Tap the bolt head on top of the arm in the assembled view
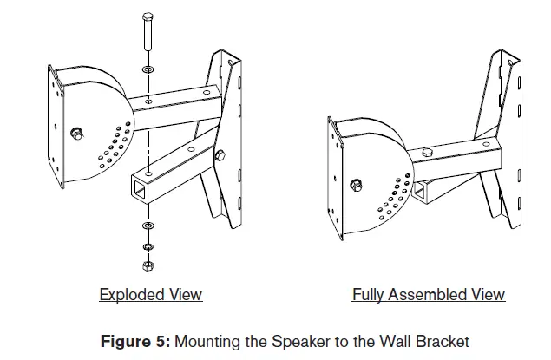click(427, 153)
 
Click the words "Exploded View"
click(150, 295)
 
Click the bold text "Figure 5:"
click(136, 341)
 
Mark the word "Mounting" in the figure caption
click(207, 341)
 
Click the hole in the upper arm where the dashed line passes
click(151, 102)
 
